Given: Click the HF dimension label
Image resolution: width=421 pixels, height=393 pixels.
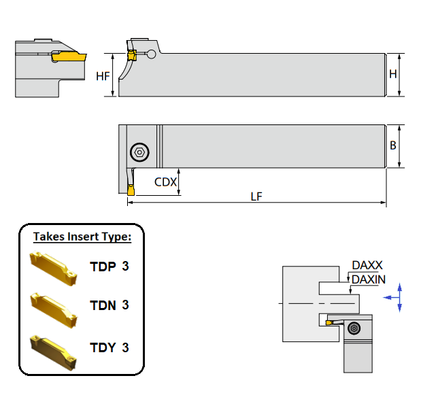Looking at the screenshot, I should tap(103, 76).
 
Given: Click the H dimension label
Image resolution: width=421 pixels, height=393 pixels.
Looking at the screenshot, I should tap(393, 74).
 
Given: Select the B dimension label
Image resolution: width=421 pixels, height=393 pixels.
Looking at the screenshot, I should tap(393, 146).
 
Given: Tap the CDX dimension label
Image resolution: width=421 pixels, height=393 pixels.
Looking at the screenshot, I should tap(166, 182).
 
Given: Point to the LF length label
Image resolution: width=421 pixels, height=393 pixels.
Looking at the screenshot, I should tap(256, 196).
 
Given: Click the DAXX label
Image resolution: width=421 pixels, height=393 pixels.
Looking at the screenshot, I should tap(367, 266).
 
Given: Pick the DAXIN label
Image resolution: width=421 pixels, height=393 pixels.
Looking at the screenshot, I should tap(369, 279).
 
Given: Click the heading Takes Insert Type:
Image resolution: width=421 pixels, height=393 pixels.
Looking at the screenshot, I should tap(82, 237).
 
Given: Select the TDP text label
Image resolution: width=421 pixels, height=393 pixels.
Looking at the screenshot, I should tap(103, 266).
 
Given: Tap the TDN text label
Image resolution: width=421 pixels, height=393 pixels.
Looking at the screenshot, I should tap(103, 305).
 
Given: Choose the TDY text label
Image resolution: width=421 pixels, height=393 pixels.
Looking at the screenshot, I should tap(103, 347).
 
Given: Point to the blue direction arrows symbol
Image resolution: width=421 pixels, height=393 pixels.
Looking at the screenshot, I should tap(399, 297).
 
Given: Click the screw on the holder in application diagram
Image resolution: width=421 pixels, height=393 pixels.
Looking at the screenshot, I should tap(352, 328).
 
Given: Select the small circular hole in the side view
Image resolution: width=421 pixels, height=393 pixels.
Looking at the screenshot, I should tap(152, 54).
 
